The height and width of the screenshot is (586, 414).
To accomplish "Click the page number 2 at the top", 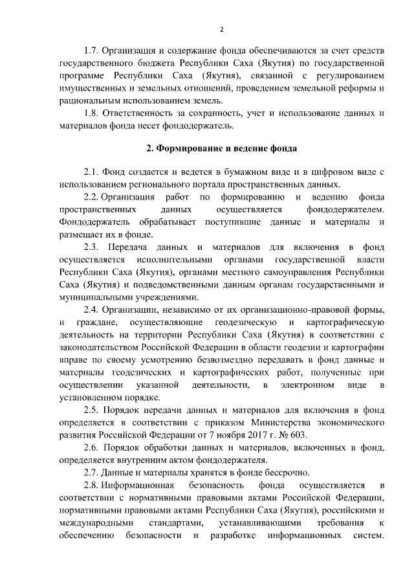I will (x=221, y=29).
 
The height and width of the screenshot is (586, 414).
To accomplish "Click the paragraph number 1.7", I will (x=92, y=51).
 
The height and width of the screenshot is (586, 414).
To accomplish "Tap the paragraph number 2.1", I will (x=92, y=172).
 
